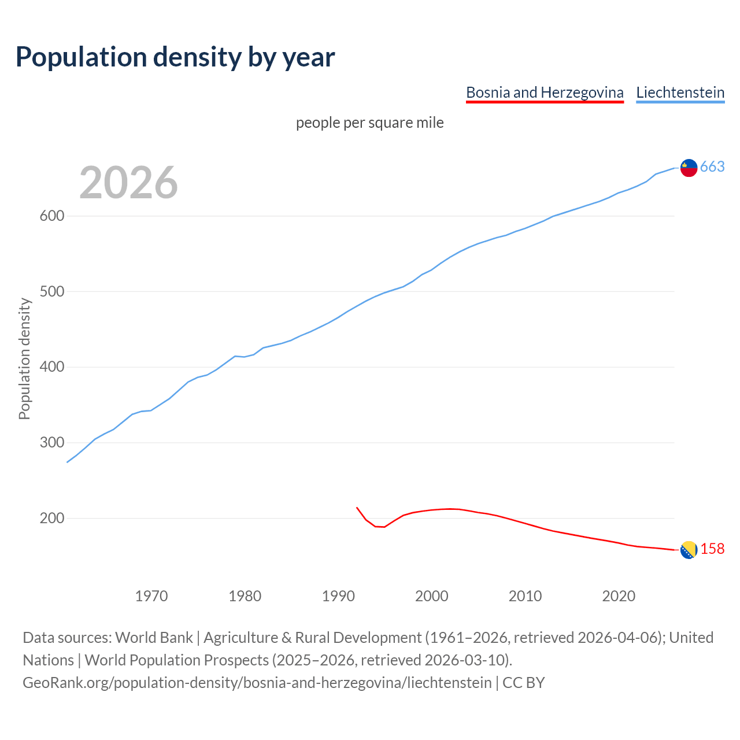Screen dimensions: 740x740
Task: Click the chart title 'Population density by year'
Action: [x=175, y=57]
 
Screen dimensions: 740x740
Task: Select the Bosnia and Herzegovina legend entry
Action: [x=545, y=92]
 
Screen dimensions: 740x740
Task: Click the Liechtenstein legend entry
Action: [x=680, y=92]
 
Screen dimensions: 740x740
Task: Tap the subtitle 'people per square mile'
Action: [x=369, y=123]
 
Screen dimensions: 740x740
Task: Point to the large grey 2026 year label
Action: [x=128, y=183]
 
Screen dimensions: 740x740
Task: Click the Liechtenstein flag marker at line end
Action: [x=689, y=168]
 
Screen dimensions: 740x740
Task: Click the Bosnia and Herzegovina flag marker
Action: [x=689, y=550]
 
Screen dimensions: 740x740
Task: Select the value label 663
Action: [x=712, y=167]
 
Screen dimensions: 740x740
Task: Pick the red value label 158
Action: [x=712, y=549]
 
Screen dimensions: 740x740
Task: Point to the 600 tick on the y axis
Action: [x=51, y=216]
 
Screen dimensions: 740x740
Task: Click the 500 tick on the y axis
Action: [x=51, y=292]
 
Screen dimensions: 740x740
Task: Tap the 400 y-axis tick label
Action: [x=51, y=367]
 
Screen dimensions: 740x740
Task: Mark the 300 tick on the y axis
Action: [x=51, y=443]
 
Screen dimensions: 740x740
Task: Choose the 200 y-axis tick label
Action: [x=51, y=519]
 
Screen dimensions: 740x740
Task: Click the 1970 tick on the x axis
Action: [x=151, y=596]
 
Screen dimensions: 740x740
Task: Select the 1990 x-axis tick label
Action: [x=338, y=596]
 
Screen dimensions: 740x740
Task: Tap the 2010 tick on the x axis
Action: [x=525, y=596]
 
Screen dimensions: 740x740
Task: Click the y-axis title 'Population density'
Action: [x=24, y=358]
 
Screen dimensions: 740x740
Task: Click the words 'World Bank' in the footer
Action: [x=154, y=638]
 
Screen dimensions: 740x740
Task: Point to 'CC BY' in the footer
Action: [x=524, y=683]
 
